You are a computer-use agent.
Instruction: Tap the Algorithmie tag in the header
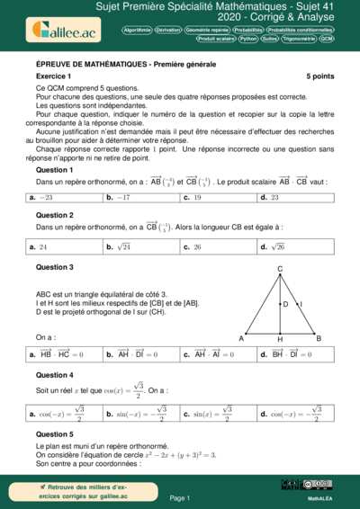click(x=138, y=30)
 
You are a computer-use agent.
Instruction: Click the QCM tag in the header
click(x=327, y=40)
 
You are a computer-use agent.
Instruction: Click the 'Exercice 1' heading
click(x=54, y=77)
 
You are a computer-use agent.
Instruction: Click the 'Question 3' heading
click(x=55, y=267)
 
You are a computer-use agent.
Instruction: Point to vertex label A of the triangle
click(x=241, y=338)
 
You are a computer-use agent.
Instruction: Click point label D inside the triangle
click(x=285, y=305)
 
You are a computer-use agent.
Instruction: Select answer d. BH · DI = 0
click(x=284, y=354)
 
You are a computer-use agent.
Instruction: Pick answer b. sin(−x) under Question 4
click(x=131, y=414)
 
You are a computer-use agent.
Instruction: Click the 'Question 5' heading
click(x=55, y=433)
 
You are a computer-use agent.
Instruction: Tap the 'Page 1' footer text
click(x=179, y=497)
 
